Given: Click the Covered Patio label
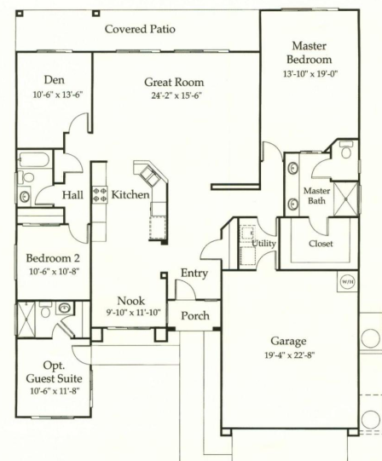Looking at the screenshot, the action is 140,29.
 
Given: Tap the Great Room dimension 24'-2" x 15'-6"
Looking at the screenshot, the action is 177,95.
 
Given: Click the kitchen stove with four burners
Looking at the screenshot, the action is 100,195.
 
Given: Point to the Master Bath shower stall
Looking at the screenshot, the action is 346,199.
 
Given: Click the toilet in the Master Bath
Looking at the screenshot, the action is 346,150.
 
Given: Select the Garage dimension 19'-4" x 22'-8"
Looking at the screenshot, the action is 290,355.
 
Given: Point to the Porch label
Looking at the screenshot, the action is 195,316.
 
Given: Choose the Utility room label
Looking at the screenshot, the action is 264,244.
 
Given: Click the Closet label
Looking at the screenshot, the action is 321,244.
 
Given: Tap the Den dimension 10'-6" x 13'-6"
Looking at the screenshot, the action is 58,95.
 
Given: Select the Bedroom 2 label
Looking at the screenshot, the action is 53,258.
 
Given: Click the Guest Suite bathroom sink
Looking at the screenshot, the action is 64,308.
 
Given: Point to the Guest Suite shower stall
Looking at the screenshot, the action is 26,319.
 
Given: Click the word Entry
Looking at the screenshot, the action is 194,274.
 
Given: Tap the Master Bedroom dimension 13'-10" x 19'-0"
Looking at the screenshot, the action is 310,73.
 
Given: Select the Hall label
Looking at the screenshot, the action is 72,195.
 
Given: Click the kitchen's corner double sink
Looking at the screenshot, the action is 150,176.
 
